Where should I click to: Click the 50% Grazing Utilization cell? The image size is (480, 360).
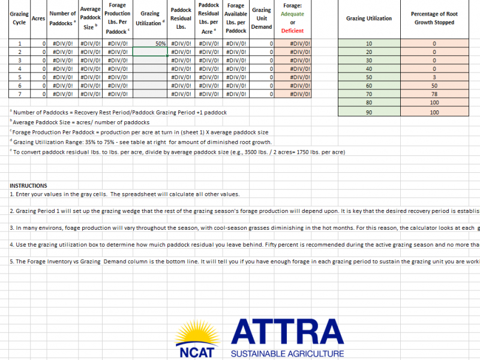pos(149,44)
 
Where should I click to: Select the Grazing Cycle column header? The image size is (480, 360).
pos(19,19)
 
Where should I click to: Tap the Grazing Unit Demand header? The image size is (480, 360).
pos(262,19)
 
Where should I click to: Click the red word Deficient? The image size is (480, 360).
pos(293,31)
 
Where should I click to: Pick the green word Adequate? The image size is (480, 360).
pos(293,14)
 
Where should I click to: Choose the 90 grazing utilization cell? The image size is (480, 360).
pos(369,112)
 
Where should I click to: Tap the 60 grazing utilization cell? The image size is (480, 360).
pos(369,86)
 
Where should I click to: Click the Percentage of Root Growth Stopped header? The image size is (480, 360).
pos(434,18)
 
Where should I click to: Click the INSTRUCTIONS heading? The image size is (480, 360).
pos(29,185)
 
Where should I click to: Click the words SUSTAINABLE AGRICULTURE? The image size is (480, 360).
pos(287,354)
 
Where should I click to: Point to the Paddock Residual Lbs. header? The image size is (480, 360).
pos(181,19)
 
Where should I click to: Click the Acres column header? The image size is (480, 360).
pos(38,19)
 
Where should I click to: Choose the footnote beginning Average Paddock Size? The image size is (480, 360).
pos(80,122)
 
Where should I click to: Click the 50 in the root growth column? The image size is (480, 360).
pos(434,86)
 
